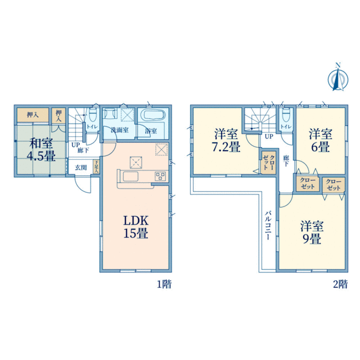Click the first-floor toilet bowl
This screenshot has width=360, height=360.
coord(94,115)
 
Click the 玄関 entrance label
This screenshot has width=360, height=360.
coord(81,167)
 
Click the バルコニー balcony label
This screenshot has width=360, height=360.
coord(268,224)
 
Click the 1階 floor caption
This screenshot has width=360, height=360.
coord(164,284)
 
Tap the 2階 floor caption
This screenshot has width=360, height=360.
coord(340,284)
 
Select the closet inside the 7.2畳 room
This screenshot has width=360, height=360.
coord(266,163)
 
